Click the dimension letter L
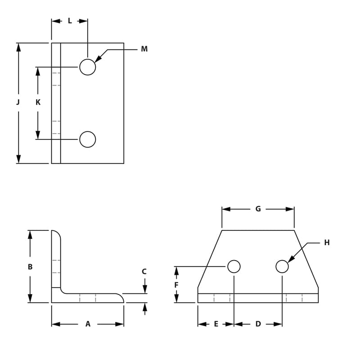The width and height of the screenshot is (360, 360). [70, 21]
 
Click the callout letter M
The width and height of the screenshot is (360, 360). [144, 49]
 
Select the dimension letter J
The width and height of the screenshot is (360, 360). [18, 102]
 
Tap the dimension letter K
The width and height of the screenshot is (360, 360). [38, 102]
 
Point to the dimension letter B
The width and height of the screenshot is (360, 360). [30, 267]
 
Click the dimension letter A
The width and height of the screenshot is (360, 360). [88, 324]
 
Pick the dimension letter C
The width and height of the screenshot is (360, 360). [144, 272]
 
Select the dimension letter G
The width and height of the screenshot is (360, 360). [258, 209]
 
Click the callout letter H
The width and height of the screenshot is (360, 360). [327, 243]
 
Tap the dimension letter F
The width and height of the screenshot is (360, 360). [176, 285]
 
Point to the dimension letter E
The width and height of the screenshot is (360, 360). [216, 324]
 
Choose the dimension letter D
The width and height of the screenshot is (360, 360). [258, 324]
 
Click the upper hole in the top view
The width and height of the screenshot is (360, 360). [88, 67]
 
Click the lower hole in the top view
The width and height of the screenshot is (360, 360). [88, 139]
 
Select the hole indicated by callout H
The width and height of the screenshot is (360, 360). [282, 266]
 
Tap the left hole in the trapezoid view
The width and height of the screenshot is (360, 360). [234, 266]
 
